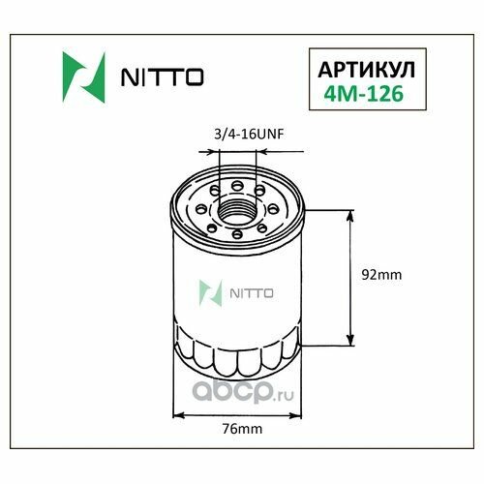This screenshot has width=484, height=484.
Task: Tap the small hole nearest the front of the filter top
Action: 238,234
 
